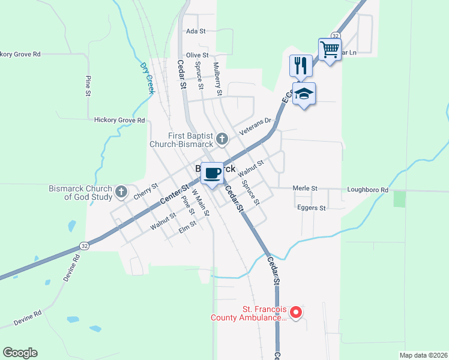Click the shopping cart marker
330,49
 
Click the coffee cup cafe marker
211,174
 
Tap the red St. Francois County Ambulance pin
295,312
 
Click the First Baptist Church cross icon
221,140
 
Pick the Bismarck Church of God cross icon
121,192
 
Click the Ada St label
196,31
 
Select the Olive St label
197,55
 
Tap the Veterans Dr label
256,124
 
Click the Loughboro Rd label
367,190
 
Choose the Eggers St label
312,208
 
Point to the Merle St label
305,188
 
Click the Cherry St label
145,191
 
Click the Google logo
20,353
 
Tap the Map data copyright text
423,355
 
